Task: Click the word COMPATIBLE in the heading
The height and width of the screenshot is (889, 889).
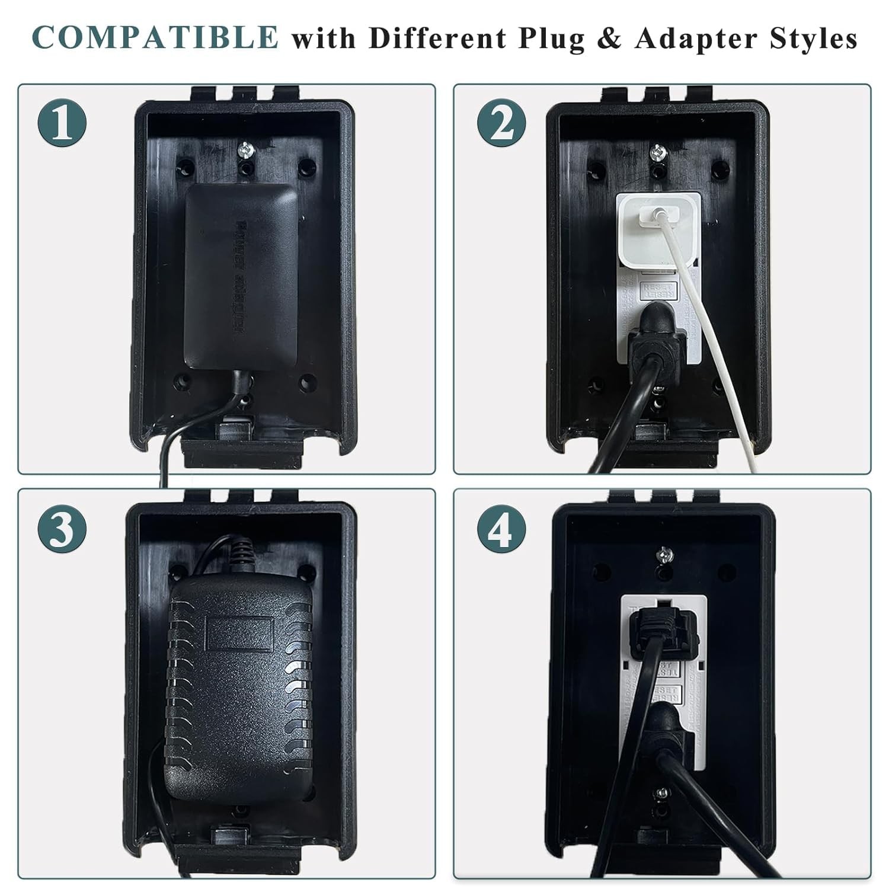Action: coord(155,37)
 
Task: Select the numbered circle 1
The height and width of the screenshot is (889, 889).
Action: coord(63,124)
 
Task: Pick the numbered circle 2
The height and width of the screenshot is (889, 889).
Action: coord(501,124)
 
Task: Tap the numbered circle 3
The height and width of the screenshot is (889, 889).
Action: coord(63,528)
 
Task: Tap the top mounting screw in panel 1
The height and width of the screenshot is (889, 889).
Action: coord(245,151)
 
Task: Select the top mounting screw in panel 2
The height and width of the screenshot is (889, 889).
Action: coord(657,152)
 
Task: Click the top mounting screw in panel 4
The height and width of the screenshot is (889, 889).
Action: coord(664,556)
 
